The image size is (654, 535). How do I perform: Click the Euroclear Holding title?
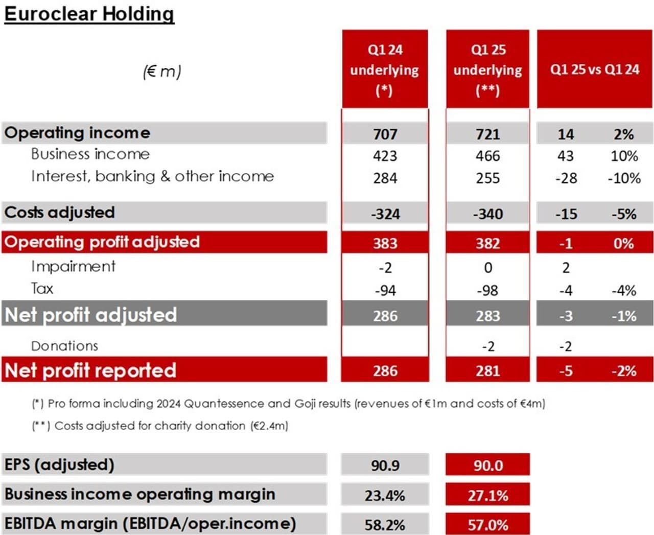pyautogui.click(x=89, y=13)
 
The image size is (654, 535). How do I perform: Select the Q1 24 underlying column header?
pyautogui.click(x=385, y=69)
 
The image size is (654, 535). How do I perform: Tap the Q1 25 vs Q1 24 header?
pyautogui.click(x=594, y=69)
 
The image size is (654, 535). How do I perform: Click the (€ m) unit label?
pyautogui.click(x=162, y=72)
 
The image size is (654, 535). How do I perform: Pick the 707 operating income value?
pyautogui.click(x=385, y=134)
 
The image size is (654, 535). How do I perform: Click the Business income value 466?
pyautogui.click(x=487, y=156)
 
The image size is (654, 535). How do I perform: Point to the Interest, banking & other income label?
pyautogui.click(x=152, y=176)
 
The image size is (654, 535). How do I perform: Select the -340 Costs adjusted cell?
pyautogui.click(x=487, y=214)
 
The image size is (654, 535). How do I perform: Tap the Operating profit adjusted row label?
pyautogui.click(x=102, y=242)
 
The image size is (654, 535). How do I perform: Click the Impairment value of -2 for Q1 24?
pyautogui.click(x=385, y=268)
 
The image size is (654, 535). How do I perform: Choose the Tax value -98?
pyautogui.click(x=487, y=290)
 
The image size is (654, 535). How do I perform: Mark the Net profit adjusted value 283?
pyautogui.click(x=487, y=316)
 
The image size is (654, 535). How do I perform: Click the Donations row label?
pyautogui.click(x=64, y=346)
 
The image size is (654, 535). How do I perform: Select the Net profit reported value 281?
pyautogui.click(x=487, y=370)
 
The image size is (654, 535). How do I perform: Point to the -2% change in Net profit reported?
pyautogui.click(x=623, y=370)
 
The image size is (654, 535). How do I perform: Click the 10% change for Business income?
pyautogui.click(x=624, y=156)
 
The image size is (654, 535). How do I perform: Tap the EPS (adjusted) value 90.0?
pyautogui.click(x=487, y=466)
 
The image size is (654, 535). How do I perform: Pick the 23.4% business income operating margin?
pyautogui.click(x=385, y=495)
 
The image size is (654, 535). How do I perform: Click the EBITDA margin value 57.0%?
pyautogui.click(x=487, y=525)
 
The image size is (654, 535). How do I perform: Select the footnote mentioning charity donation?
pyautogui.click(x=160, y=426)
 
